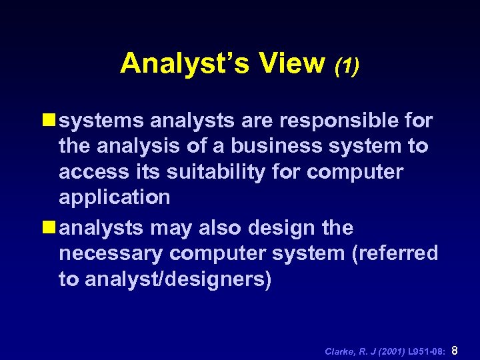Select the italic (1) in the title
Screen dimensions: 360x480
[x=347, y=66]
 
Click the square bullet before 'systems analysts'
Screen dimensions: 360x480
[x=49, y=121]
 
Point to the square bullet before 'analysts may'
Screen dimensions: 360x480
[x=49, y=228]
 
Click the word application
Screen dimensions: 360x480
[x=115, y=198]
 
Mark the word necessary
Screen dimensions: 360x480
[x=111, y=253]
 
